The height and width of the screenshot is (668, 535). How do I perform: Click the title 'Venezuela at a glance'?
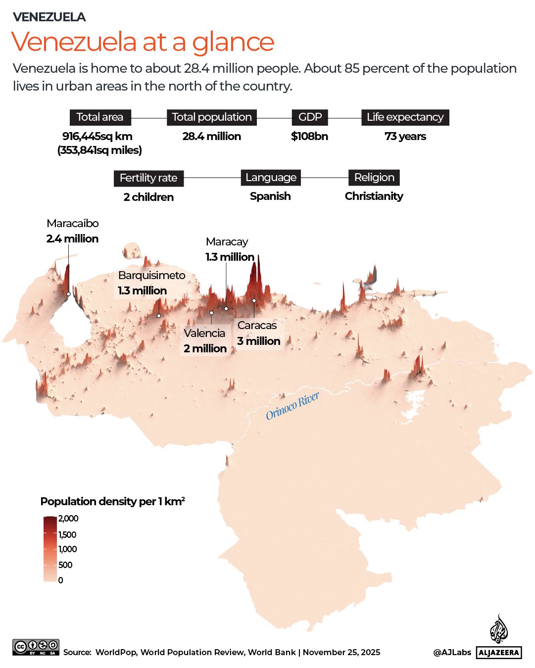pyautogui.click(x=143, y=42)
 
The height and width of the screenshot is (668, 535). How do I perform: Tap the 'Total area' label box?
pyautogui.click(x=100, y=117)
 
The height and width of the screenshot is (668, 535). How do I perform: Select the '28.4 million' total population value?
pyautogui.click(x=211, y=137)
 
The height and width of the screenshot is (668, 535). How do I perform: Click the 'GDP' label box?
pyautogui.click(x=310, y=117)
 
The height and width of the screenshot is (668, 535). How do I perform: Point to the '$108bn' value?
pyautogui.click(x=309, y=137)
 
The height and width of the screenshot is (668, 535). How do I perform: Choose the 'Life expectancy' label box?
pyautogui.click(x=405, y=117)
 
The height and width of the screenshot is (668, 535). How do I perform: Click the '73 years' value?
pyautogui.click(x=405, y=137)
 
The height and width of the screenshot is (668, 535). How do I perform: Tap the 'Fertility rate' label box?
pyautogui.click(x=148, y=178)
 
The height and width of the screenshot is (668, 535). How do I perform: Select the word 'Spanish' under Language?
pyautogui.click(x=270, y=196)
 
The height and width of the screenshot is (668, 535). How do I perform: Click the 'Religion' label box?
pyautogui.click(x=374, y=178)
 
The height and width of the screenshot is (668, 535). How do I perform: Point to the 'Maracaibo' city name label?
pyautogui.click(x=73, y=224)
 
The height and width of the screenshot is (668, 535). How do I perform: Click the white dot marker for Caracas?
pyautogui.click(x=254, y=300)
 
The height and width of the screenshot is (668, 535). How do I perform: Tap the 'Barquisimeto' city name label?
pyautogui.click(x=151, y=276)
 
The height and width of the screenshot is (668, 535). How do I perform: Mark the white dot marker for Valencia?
pyautogui.click(x=211, y=313)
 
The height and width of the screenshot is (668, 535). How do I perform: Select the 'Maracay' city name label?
pyautogui.click(x=227, y=242)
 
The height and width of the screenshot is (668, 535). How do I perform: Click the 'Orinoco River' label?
pyautogui.click(x=292, y=406)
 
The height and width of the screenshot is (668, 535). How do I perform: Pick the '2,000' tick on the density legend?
pyautogui.click(x=68, y=519)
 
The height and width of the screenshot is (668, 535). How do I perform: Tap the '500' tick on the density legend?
pyautogui.click(x=65, y=565)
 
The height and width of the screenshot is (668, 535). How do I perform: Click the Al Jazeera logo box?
pyautogui.click(x=499, y=653)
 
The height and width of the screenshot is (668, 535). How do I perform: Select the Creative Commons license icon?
pyautogui.click(x=36, y=647)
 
